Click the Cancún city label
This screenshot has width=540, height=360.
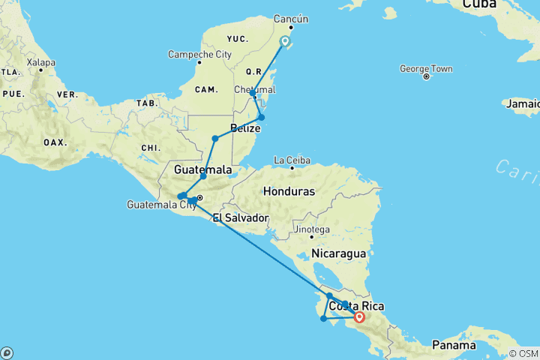coord(291,18)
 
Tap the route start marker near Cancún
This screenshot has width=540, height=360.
coord(285,41)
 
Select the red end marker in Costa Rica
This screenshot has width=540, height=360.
coord(359,317)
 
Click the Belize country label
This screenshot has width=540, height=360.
coord(245,127)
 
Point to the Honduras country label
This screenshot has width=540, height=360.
coord(289,191)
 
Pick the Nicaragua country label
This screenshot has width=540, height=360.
coord(339,253)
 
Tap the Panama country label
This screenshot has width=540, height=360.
coord(454,346)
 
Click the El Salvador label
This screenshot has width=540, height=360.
coord(240,218)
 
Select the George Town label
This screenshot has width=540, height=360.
coord(426,69)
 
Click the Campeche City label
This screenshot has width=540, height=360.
coord(199,54)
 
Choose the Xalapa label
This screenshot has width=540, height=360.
coord(41,62)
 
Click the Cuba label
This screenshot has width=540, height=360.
coord(479,5)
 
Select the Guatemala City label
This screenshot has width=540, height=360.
coord(161,205)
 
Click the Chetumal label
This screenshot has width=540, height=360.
coord(255,89)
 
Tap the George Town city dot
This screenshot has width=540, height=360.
coord(426,76)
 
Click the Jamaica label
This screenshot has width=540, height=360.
coord(522,103)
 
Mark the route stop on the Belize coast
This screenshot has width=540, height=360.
coord(261,117)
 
